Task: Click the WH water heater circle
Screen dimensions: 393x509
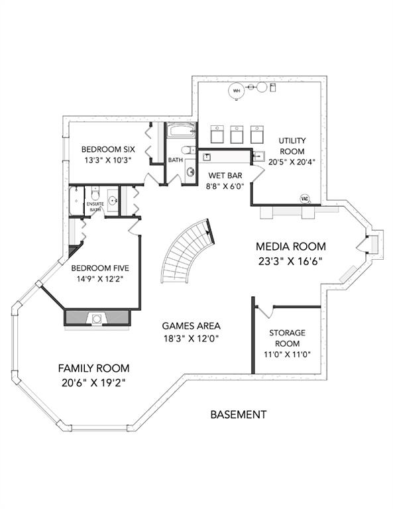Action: [237, 91]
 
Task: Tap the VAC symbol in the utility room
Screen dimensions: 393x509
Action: [304, 199]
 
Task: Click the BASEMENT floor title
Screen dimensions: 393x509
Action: [239, 414]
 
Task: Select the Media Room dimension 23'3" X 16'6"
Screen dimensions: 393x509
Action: [290, 261]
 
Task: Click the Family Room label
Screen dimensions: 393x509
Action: [94, 368]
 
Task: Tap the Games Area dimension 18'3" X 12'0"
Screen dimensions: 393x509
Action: [191, 339]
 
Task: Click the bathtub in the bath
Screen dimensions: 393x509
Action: [181, 131]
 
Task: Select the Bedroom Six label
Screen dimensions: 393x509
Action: [108, 149]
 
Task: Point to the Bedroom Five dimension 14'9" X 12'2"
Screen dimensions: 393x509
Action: [98, 279]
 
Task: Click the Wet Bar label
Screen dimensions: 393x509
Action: [225, 176]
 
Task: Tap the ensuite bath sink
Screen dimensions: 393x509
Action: [113, 201]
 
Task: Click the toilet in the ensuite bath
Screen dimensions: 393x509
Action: [95, 193]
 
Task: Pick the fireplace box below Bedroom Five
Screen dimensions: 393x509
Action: [97, 318]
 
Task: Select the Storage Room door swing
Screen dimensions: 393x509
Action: [265, 311]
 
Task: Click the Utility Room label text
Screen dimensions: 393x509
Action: [292, 146]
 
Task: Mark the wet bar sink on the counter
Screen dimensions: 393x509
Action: [207, 157]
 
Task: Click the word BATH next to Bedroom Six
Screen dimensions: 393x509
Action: [175, 160]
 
